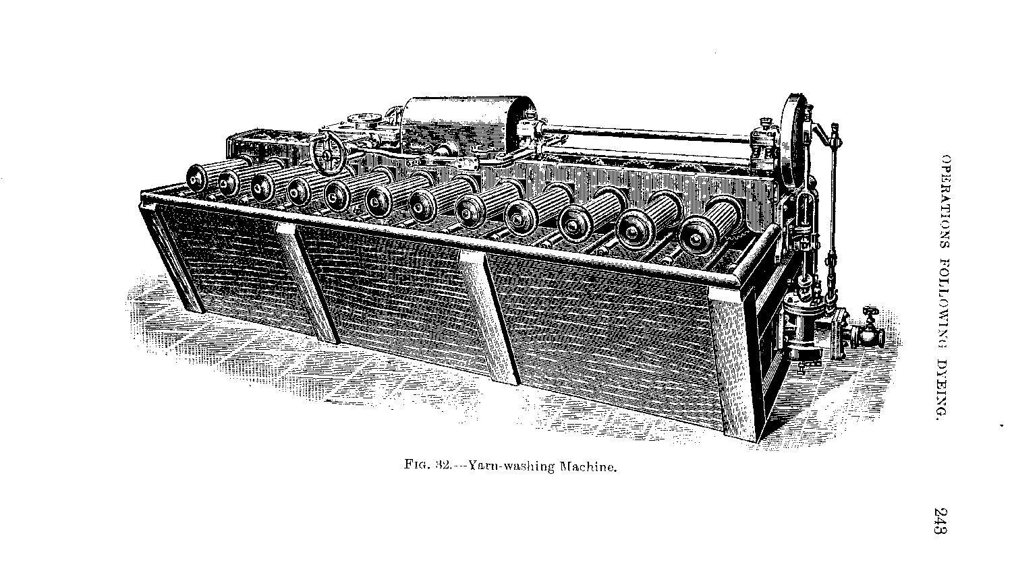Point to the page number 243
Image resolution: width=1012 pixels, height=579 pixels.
pyautogui.click(x=943, y=520)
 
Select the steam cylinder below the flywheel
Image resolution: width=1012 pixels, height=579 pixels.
pyautogui.click(x=799, y=324)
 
